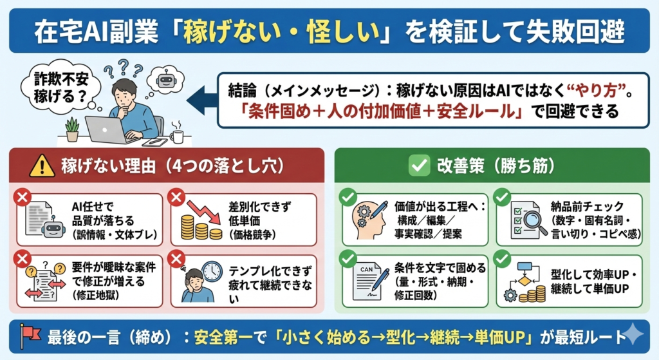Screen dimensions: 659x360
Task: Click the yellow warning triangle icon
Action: coord(42,166)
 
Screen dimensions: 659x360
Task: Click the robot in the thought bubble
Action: coord(165,78)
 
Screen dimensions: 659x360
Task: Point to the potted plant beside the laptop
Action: coord(72,129)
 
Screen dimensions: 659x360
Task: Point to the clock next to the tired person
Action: coord(211,272)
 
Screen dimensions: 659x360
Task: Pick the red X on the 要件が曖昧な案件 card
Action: coord(23,259)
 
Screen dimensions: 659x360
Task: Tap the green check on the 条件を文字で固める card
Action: coord(348,259)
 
